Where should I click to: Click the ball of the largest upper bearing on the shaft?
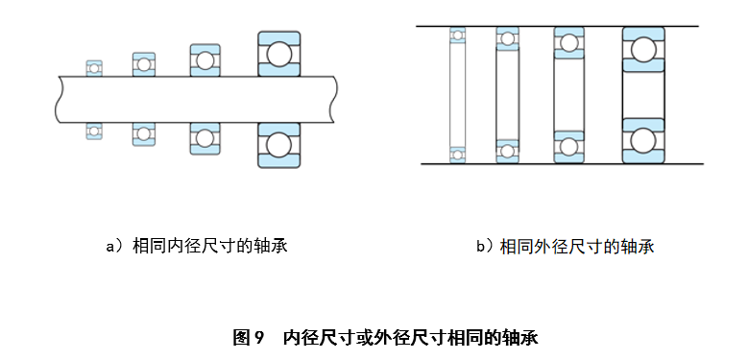[278, 53]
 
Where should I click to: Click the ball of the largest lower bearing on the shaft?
[278, 144]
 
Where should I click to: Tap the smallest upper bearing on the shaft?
[94, 67]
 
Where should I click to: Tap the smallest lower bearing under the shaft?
[94, 130]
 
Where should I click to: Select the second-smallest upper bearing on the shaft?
[143, 63]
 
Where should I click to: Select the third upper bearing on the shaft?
[205, 60]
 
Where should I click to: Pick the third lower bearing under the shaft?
[205, 137]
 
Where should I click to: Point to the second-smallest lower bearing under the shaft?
[143, 133]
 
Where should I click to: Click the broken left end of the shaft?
[60, 99]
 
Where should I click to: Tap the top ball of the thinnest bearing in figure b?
[458, 36]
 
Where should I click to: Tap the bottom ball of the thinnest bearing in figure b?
[458, 154]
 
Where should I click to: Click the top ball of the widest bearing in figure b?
[643, 49]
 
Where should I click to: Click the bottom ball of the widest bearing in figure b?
[643, 140]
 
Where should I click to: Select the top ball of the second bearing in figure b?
[507, 39]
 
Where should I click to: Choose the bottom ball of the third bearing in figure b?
[568, 147]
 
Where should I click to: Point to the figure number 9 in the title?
[258, 338]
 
